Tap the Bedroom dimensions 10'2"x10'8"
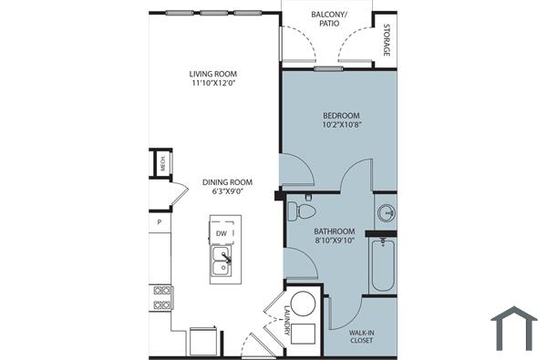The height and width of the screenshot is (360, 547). coord(341,125)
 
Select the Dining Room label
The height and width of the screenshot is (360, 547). coord(225,182)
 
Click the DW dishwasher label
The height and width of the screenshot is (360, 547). coord(222,233)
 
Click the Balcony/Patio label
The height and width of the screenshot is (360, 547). coord(325,18)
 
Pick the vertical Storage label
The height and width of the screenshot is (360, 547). coord(387,39)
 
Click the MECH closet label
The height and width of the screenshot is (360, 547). coord(162,164)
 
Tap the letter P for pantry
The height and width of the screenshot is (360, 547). coord(159,221)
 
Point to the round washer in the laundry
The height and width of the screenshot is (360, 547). coord(304,302)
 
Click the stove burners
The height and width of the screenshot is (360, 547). coord(162,297)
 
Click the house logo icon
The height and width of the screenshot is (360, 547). coord(513,327)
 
